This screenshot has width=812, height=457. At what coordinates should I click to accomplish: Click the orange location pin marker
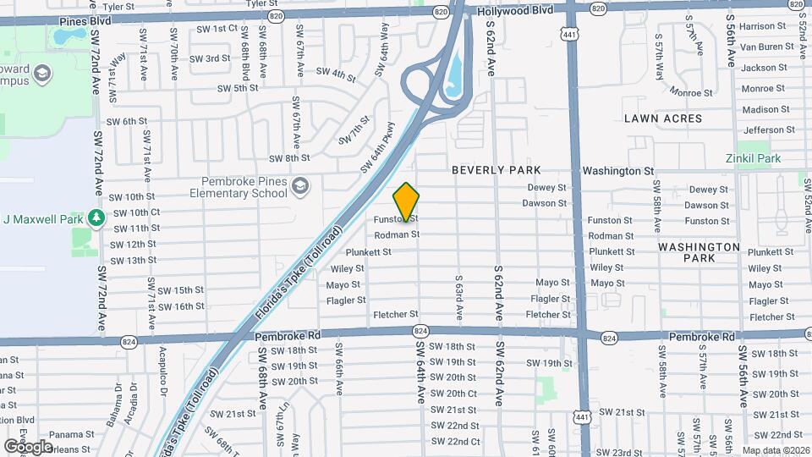[406, 201]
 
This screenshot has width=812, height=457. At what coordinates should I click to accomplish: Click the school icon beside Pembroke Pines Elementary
[299, 186]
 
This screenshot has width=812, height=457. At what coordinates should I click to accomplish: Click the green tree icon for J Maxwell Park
[97, 219]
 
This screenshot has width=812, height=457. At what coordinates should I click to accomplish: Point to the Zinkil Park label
[751, 158]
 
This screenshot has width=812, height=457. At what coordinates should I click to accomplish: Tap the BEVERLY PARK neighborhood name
[496, 170]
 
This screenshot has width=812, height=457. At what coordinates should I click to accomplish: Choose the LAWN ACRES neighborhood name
[663, 118]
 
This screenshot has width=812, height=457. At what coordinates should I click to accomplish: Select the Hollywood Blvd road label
[514, 10]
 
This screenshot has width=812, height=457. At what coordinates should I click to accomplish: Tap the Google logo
[28, 446]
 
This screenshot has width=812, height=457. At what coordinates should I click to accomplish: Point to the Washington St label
[617, 171]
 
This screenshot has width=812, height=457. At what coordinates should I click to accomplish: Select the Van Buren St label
[766, 47]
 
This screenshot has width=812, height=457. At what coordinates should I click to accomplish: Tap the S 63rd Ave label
[458, 296]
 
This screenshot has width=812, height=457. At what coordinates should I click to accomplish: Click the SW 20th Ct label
[454, 394]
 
